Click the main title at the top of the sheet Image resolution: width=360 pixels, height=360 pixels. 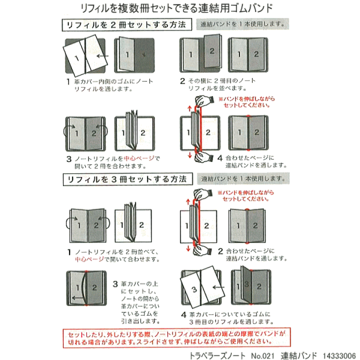point(180,8)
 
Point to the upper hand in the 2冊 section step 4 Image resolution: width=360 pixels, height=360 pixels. point(202,101)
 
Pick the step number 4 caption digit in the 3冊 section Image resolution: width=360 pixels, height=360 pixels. point(184,314)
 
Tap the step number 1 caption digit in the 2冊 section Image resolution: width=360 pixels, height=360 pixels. point(67,81)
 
